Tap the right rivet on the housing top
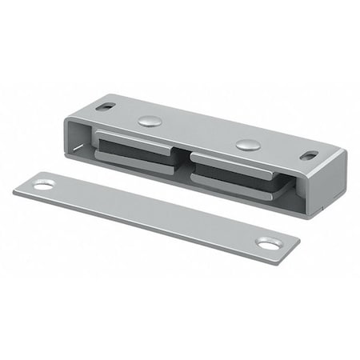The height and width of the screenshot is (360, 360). click(247, 146)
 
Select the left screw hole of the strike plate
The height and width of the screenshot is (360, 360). click(43, 185)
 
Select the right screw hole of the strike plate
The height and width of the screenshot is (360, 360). click(268, 242)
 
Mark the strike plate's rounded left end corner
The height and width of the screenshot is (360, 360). click(18, 190)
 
